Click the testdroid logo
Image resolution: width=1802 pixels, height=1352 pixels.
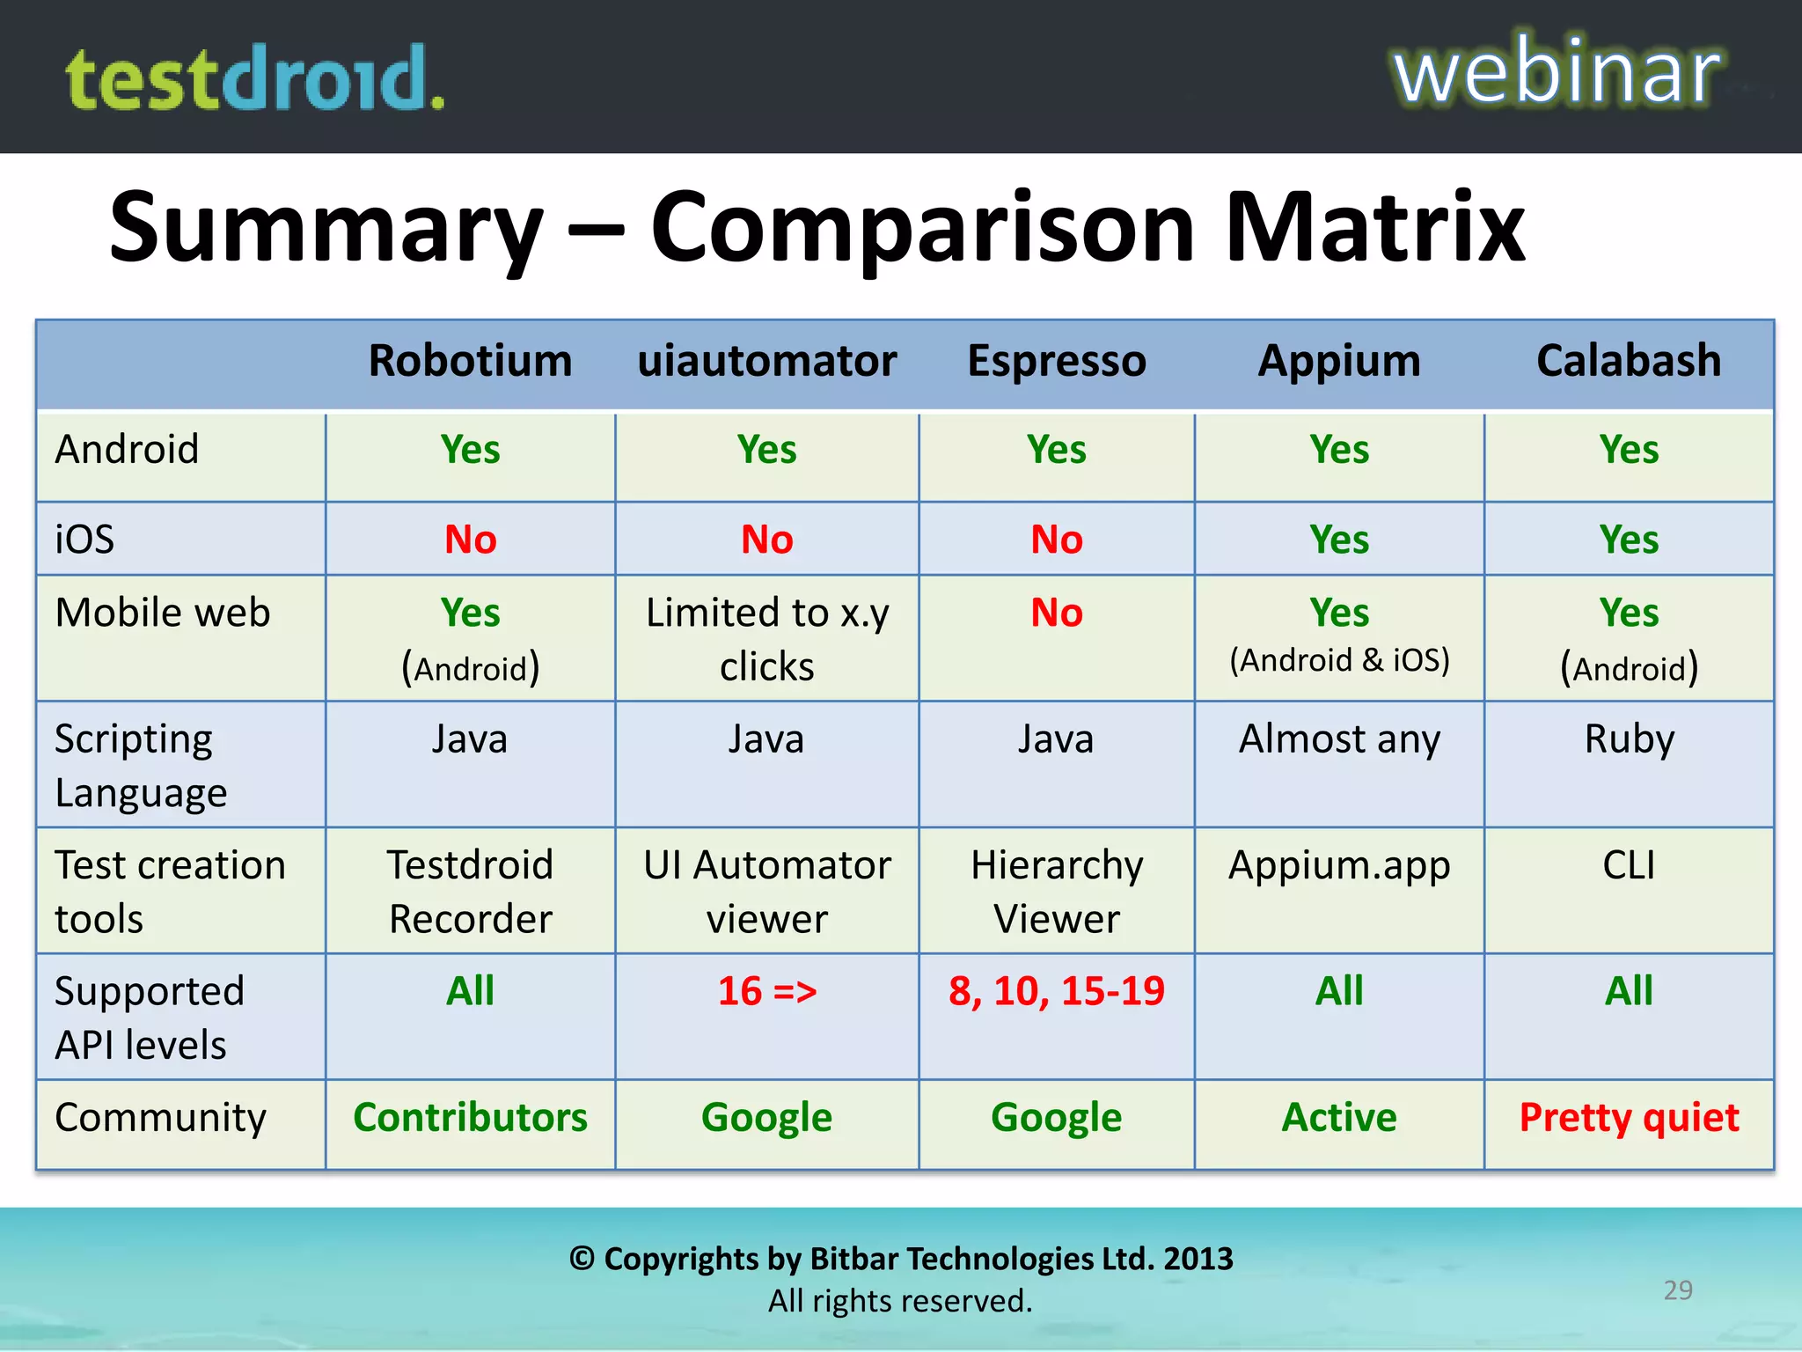point(255,79)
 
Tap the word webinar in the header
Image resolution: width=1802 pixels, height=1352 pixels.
point(1556,72)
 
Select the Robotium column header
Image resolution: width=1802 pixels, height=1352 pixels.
point(470,361)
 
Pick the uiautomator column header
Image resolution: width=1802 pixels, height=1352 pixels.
point(766,361)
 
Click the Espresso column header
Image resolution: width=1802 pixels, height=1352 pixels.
point(1057,361)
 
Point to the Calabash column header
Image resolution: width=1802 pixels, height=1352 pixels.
point(1629,361)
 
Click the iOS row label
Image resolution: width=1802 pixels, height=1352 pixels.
point(84,539)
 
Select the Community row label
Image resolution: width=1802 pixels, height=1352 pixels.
point(160,1118)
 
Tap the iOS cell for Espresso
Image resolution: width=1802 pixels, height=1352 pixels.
point(1057,539)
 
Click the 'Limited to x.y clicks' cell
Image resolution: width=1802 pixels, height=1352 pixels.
point(766,639)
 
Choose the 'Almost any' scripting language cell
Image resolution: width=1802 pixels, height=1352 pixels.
point(1339,739)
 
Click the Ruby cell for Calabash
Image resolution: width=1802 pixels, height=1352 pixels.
point(1629,739)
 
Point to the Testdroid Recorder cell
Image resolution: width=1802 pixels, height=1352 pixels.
point(470,891)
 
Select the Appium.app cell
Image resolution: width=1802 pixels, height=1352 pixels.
point(1339,866)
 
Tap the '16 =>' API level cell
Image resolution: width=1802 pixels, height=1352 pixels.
point(766,991)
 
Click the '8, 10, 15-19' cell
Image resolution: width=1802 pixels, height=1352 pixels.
point(1057,991)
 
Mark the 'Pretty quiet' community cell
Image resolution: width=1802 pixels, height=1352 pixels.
point(1629,1118)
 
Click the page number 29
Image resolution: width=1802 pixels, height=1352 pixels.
point(1678,1290)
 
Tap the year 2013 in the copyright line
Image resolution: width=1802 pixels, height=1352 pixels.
point(1198,1260)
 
